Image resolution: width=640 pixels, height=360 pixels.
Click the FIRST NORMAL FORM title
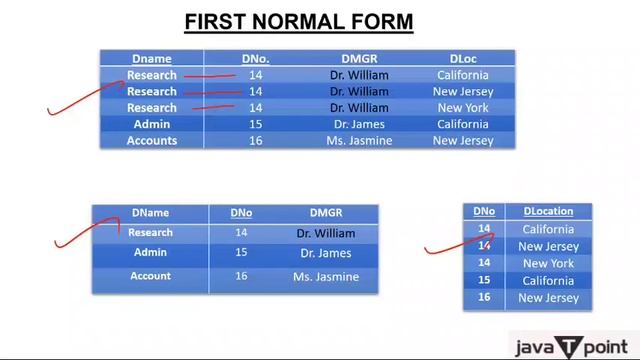[x=299, y=21]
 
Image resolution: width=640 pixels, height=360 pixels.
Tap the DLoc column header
[x=462, y=59]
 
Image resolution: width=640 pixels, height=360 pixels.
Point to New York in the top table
[x=462, y=108]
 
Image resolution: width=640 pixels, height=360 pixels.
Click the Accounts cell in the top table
[x=152, y=141]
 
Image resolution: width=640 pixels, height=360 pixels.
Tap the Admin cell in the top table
[x=152, y=124]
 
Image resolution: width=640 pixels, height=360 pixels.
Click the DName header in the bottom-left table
[x=150, y=213]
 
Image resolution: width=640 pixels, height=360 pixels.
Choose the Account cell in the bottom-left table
[x=150, y=276]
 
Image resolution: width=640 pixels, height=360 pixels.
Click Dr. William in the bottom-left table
[x=326, y=233]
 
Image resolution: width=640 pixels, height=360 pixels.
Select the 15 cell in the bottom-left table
[x=241, y=253]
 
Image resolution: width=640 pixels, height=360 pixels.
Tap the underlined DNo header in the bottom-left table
[x=241, y=213]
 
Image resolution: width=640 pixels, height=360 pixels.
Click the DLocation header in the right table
[x=548, y=211]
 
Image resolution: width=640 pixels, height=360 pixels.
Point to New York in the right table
[x=547, y=263]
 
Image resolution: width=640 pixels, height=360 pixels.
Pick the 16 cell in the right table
[x=484, y=297]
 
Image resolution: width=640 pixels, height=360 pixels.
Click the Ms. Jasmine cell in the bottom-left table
[x=326, y=276]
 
